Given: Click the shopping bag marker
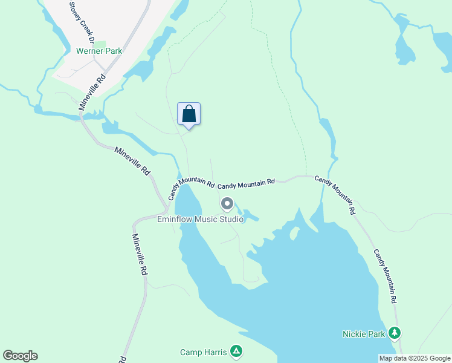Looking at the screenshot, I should [189, 114].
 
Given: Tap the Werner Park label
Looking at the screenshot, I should [99, 51].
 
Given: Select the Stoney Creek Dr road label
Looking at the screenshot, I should [83, 23].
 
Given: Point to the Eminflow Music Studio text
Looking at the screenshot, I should [200, 219].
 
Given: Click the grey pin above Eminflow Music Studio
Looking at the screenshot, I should [227, 203].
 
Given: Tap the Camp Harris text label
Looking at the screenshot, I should [203, 352].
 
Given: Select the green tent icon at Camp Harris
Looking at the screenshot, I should [237, 351].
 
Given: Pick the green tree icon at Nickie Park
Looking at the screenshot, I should [395, 333].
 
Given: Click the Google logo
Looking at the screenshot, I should [20, 356].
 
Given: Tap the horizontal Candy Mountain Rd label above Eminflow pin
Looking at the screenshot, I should [246, 182].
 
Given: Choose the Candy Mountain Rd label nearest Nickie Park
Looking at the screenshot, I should [384, 276].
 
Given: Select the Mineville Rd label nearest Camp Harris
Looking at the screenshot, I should [140, 255].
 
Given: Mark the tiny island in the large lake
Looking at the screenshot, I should [295, 234].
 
